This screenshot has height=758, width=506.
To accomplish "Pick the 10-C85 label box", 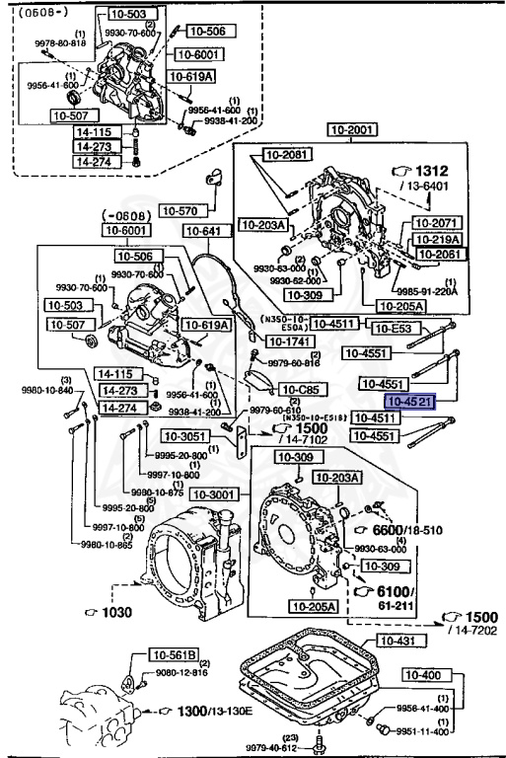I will [x=301, y=390].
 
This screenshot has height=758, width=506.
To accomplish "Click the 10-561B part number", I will [x=175, y=653].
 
